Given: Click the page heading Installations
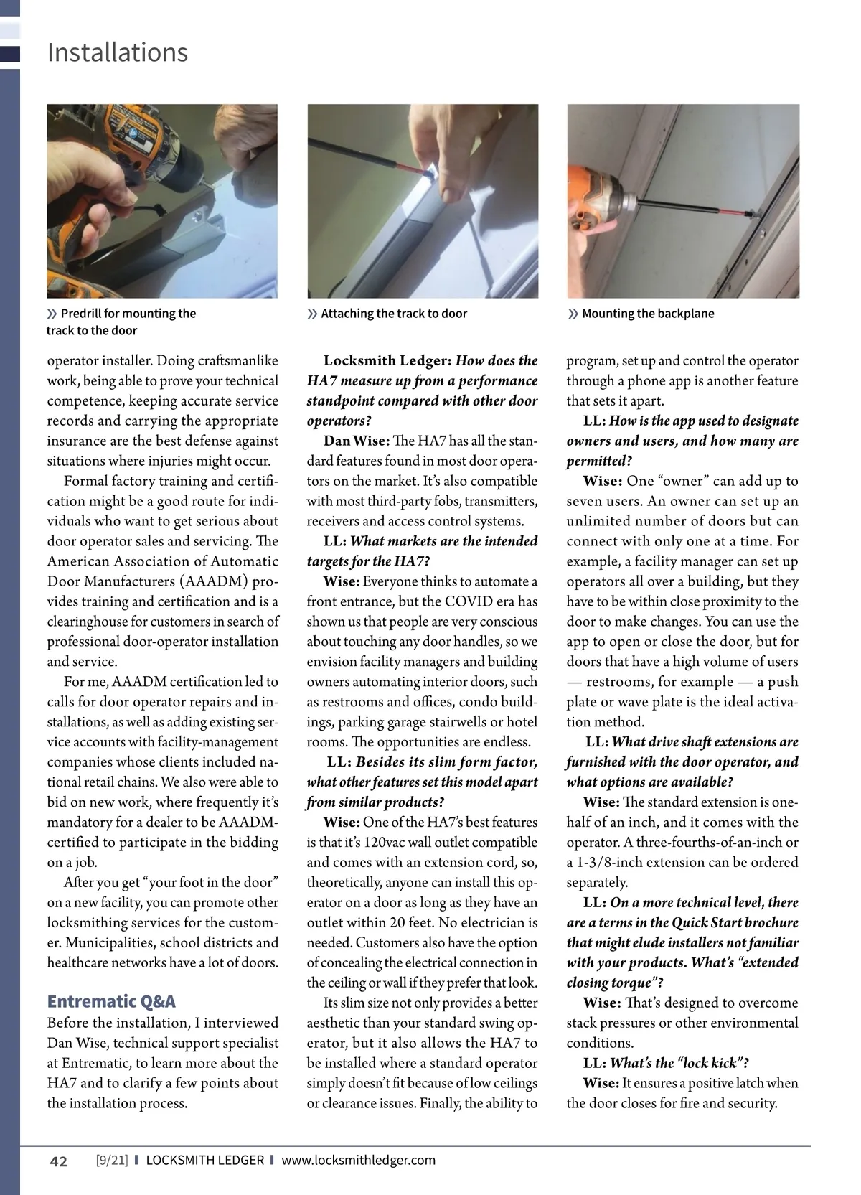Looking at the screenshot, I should [x=118, y=52].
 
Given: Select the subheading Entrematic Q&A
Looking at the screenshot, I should [x=111, y=1001].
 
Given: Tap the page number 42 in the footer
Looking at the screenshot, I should [x=58, y=1161].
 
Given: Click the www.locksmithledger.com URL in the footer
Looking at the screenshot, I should [x=358, y=1160].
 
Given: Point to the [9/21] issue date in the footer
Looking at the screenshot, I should [x=111, y=1160].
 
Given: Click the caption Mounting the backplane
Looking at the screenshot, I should [x=648, y=314].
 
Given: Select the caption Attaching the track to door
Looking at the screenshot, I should [x=394, y=314].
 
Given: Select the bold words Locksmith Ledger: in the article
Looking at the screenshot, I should [x=387, y=361].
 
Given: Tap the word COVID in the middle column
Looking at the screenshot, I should [x=468, y=602].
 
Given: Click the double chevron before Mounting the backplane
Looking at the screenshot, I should [x=573, y=314].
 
